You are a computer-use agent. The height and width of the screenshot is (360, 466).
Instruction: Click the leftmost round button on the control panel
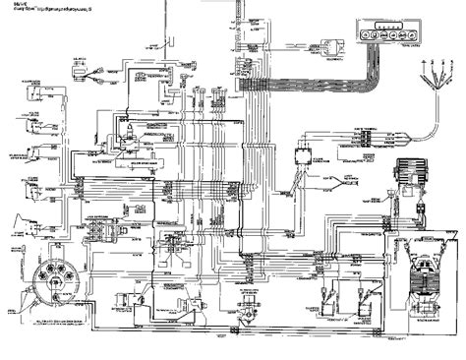pyautogui.click(x=366, y=35)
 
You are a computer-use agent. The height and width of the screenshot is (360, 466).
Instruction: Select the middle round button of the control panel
pyautogui.click(x=384, y=35)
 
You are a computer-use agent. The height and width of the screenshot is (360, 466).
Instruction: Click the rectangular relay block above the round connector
pyautogui.click(x=98, y=231)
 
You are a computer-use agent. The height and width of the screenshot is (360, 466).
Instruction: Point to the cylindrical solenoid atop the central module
pyautogui.click(x=131, y=132)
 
